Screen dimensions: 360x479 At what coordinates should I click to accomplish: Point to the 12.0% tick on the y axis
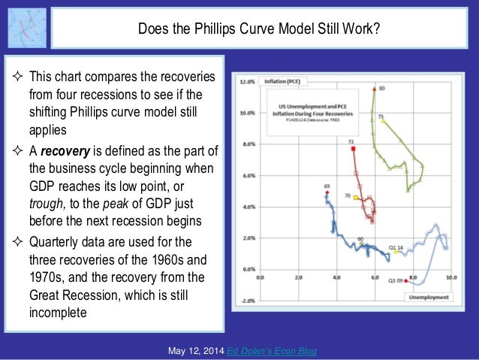pos(248,83)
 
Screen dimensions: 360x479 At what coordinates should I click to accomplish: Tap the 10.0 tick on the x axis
pos(450,277)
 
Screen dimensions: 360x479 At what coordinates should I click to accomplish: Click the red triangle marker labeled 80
pos(373,90)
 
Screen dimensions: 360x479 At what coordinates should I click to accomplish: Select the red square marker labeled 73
pos(353,148)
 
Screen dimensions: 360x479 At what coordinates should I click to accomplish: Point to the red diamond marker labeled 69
pos(327,192)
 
